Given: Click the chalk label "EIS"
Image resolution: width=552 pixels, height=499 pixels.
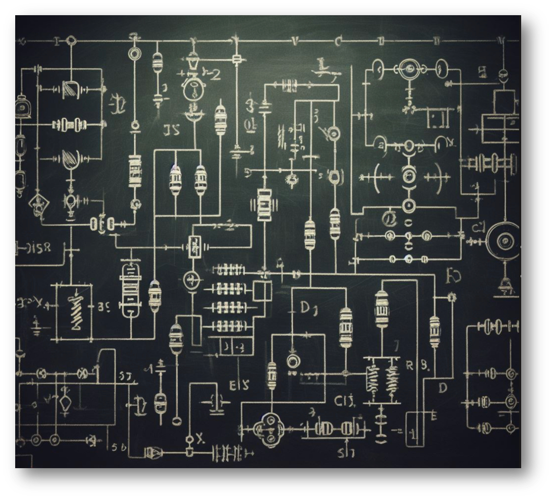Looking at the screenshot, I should [x=239, y=385].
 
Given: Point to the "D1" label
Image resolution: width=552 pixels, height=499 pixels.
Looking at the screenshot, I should [x=309, y=309].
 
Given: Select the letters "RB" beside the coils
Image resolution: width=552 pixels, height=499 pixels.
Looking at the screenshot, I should [x=418, y=366].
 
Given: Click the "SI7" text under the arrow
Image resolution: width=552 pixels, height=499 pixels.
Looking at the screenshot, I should [x=346, y=453].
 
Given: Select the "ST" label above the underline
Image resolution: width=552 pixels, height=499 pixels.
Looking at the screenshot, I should [x=125, y=377].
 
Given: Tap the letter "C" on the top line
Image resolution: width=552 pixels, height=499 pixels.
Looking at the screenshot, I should [x=337, y=42].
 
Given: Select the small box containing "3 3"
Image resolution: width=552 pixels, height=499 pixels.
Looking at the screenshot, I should [x=234, y=347].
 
